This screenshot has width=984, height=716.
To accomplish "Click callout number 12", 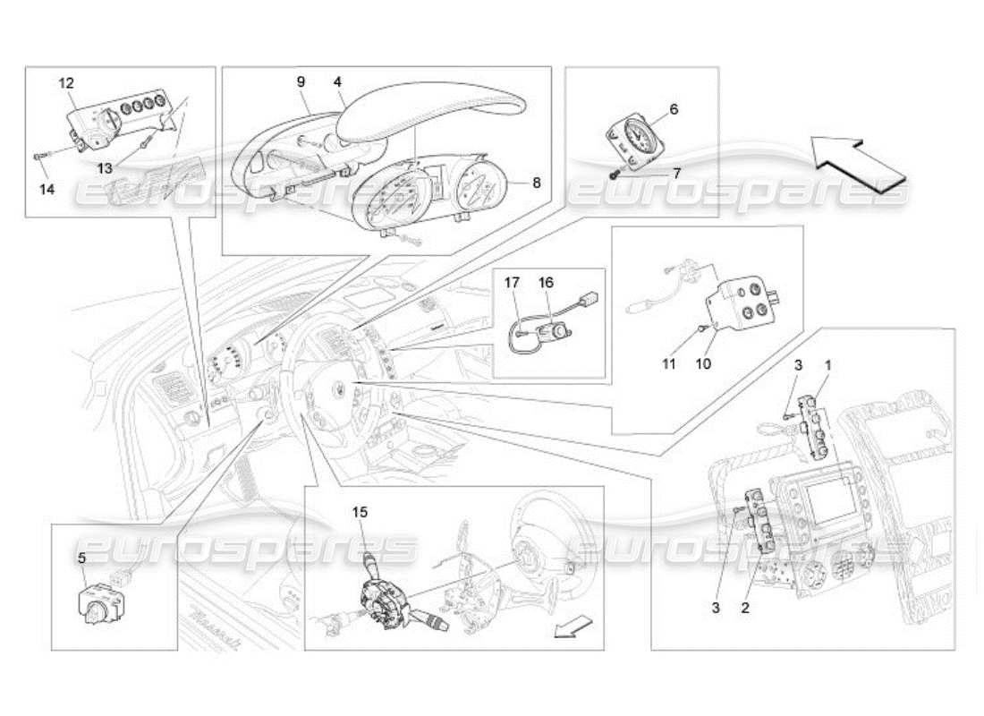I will [x=66, y=83].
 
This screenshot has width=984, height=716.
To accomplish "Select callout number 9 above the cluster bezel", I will [x=301, y=81].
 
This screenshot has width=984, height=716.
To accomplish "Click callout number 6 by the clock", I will [x=674, y=109].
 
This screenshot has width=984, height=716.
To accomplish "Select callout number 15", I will [x=360, y=513].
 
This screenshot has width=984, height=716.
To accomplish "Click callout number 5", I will [x=81, y=558].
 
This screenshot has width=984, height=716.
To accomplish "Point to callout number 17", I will [x=513, y=282].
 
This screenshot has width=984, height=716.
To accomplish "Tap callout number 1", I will [x=828, y=365].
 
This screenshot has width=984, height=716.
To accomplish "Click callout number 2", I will [x=745, y=608].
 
